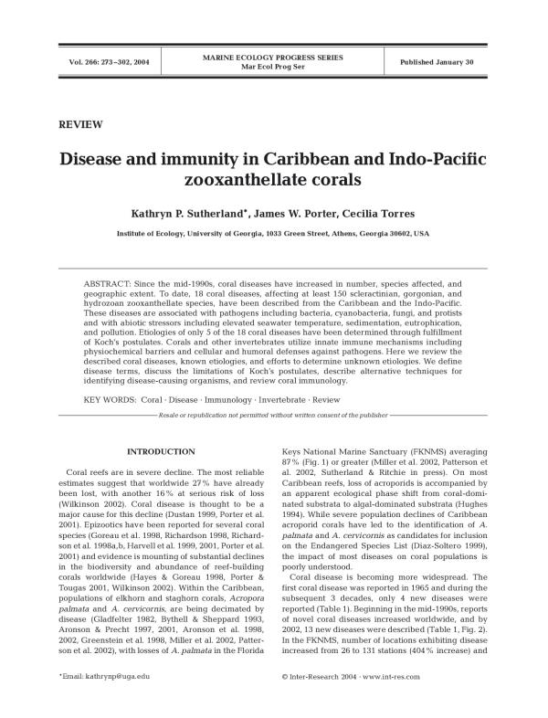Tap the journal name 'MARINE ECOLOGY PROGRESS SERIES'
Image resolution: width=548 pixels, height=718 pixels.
(274, 57)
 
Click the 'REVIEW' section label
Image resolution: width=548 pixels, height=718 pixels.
(80, 125)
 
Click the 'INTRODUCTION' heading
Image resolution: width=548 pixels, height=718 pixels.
(161, 452)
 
